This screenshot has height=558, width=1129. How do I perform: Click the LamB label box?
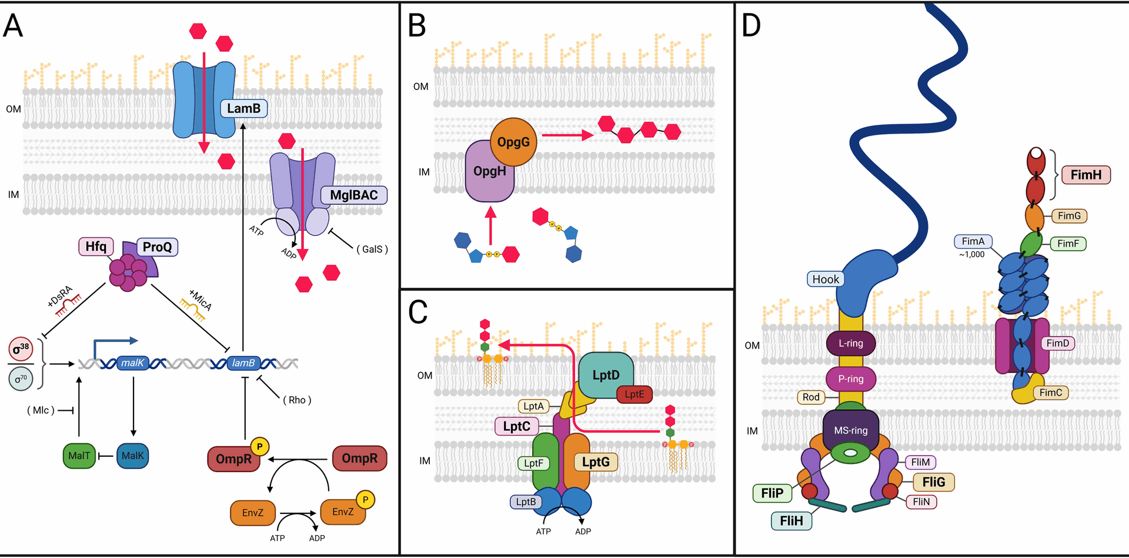[243, 108]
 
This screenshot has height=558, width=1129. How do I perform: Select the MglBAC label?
[353, 195]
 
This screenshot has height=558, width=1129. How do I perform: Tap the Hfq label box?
[96, 247]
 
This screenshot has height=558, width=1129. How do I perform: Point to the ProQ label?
[157, 247]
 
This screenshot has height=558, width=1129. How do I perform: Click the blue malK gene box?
[132, 363]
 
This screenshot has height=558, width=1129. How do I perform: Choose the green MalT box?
[79, 456]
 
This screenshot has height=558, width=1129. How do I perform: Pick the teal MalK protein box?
[132, 456]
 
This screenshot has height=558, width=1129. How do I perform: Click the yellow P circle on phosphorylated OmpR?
[259, 446]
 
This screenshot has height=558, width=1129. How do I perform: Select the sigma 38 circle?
[21, 349]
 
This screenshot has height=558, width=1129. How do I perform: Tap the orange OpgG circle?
[513, 142]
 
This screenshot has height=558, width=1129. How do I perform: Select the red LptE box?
[634, 394]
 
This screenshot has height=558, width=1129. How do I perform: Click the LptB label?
[526, 501]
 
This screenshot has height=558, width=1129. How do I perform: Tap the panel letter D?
[751, 26]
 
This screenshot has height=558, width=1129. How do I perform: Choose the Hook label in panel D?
[826, 280]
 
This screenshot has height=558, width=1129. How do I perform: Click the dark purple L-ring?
[850, 343]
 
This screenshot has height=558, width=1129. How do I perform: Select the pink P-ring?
[850, 379]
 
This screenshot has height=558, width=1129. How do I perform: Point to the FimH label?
[1085, 175]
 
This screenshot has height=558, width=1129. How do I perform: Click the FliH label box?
[791, 521]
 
